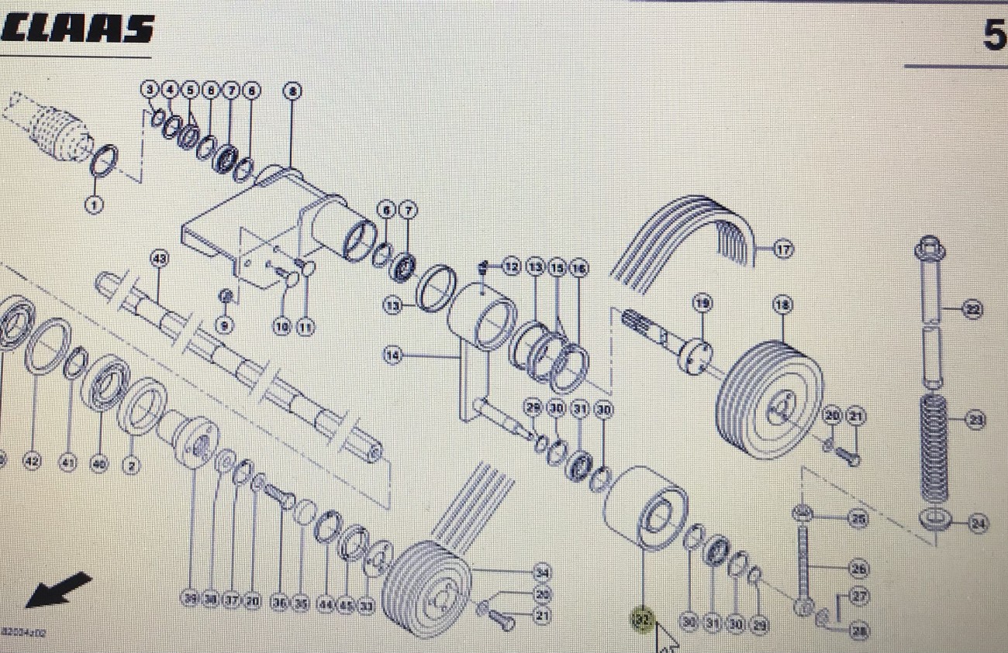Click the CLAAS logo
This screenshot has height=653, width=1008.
click(78, 29)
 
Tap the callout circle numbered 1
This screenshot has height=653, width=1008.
click(94, 206)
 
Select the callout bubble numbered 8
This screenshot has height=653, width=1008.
click(292, 91)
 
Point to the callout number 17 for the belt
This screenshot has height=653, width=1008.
click(783, 250)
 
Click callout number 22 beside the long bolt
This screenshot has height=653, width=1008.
click(972, 310)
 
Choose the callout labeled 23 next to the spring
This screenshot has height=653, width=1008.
click(975, 421)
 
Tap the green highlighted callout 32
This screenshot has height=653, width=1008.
click(641, 620)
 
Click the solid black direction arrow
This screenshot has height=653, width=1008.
click(58, 590)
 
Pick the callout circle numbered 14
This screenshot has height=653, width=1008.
click(393, 356)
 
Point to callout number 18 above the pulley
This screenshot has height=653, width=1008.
click(782, 306)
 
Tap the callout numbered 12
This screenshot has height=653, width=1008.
click(510, 267)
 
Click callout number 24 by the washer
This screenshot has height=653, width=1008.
click(979, 524)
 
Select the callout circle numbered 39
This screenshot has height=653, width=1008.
click(191, 599)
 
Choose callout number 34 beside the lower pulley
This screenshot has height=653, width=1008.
click(542, 573)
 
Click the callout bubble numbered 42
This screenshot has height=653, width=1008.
click(32, 462)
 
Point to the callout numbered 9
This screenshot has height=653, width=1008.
click(224, 326)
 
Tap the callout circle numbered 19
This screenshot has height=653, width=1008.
click(702, 304)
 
